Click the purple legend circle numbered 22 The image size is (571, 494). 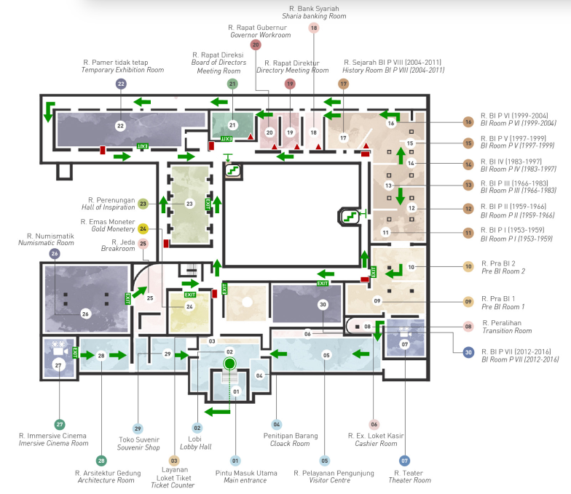[121, 84]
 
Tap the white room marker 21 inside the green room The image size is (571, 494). [232, 125]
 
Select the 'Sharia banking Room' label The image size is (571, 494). [314, 16]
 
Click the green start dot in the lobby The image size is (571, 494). [229, 363]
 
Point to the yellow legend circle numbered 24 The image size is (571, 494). [143, 228]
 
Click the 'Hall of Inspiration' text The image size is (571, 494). [108, 207]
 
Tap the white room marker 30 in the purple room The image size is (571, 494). [323, 304]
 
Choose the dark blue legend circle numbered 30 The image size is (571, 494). [468, 352]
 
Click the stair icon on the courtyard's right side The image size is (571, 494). [350, 217]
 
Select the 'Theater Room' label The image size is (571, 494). [409, 480]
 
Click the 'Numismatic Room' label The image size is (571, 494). [46, 243]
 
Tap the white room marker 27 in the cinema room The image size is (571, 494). [58, 365]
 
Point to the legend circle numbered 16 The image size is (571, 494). [468, 122]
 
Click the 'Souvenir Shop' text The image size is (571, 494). [138, 447]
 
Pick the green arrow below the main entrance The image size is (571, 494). [217, 412]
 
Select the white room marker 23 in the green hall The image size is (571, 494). [189, 204]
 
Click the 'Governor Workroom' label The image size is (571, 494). [261, 35]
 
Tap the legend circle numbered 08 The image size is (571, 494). [468, 326]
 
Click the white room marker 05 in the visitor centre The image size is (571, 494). [326, 355]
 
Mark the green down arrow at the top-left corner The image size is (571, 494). [49, 112]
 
